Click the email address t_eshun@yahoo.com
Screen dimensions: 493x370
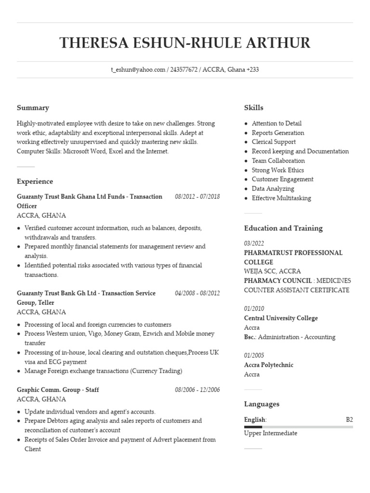coord(138,70)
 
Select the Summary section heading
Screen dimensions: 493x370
coord(33,108)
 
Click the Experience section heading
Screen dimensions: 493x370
coord(35,182)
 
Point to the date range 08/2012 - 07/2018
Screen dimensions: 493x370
coord(198,197)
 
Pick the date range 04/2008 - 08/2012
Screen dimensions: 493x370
coord(198,293)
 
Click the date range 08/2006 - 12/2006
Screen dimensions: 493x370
coord(198,389)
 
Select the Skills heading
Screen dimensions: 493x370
coord(253,108)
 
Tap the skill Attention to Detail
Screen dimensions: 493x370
coord(277,123)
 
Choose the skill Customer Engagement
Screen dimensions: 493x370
coord(282,179)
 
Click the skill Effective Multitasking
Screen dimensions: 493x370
coord(281,198)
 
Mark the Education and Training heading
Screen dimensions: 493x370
coord(283,228)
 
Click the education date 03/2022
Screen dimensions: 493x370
coord(254,244)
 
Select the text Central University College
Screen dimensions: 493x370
coord(281,318)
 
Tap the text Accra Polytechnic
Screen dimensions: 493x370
coord(268,365)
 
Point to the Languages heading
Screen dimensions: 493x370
coord(262,404)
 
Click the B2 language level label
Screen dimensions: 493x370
coord(349,420)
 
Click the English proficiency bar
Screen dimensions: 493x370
coord(298,427)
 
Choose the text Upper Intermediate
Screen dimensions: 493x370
coord(270,433)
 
